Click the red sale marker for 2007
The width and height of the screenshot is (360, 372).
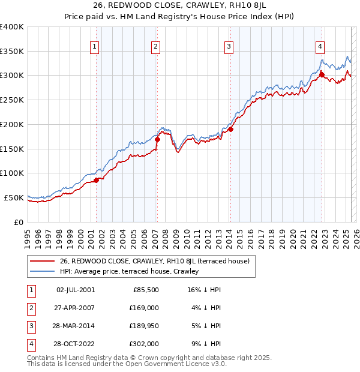click(158, 140)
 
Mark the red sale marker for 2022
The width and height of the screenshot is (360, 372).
click(322, 75)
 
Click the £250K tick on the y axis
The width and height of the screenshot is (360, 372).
click(12, 100)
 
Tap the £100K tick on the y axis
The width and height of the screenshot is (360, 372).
click(12, 173)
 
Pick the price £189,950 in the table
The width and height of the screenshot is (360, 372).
click(145, 325)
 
